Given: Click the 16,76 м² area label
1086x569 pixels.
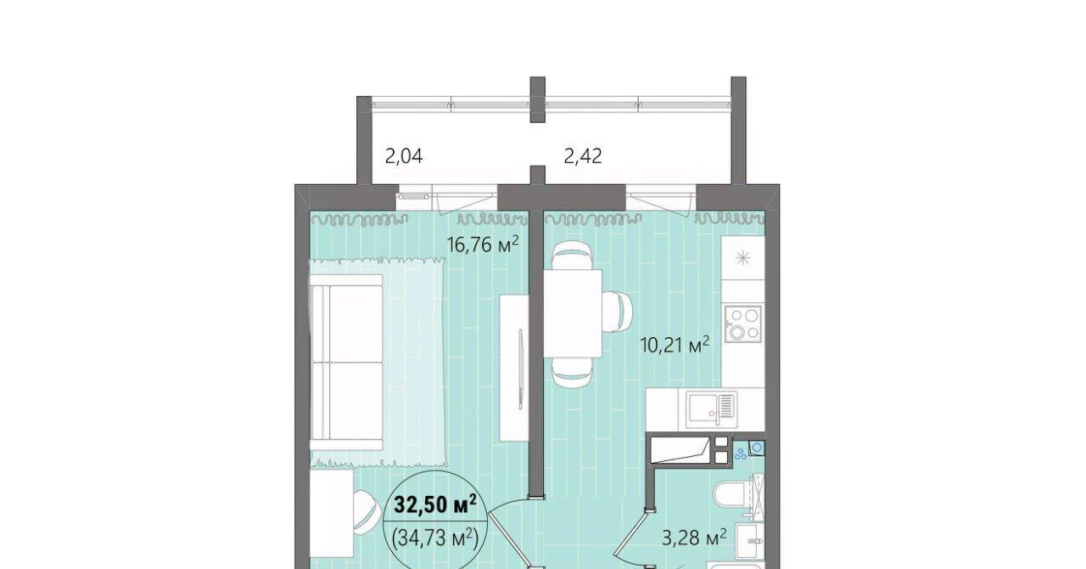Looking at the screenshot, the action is pos(483,244).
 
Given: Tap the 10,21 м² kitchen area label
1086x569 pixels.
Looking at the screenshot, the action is pos(675,345).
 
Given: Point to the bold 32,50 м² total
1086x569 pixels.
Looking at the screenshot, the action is pos(435,504).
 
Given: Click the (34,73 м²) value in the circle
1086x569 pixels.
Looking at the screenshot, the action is pos(435,538).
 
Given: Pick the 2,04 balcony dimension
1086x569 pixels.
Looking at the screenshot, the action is pos(404,156).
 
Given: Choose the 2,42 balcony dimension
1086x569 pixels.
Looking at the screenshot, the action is pos(583,156).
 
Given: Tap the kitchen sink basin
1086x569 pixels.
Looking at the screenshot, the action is pos(711,410).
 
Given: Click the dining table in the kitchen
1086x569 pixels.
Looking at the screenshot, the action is pos(572,313).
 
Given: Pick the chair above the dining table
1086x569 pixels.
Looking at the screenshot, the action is pos(572,256).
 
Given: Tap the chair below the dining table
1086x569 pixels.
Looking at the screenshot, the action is pos(572,372).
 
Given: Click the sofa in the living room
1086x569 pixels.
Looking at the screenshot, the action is pos(346,362).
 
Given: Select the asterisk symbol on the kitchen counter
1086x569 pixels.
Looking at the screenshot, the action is pos(742,258).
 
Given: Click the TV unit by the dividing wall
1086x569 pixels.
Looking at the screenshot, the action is pos(514,368).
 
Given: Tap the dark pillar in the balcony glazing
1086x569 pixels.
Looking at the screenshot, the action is pos(537,99).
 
